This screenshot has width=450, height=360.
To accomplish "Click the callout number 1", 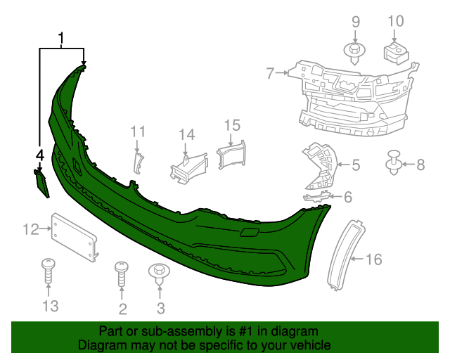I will [62, 38].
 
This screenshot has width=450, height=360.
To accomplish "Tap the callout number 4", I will [39, 155].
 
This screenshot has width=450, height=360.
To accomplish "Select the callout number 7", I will [270, 72].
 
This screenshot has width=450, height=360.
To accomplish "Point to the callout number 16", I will [373, 259].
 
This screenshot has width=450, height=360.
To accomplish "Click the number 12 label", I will [31, 229].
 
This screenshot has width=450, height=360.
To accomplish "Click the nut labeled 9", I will [354, 51].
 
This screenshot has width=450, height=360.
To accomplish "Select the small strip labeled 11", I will [138, 161].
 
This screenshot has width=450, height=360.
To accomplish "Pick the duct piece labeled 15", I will [231, 154].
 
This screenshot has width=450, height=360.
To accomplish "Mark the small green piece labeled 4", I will [42, 182].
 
